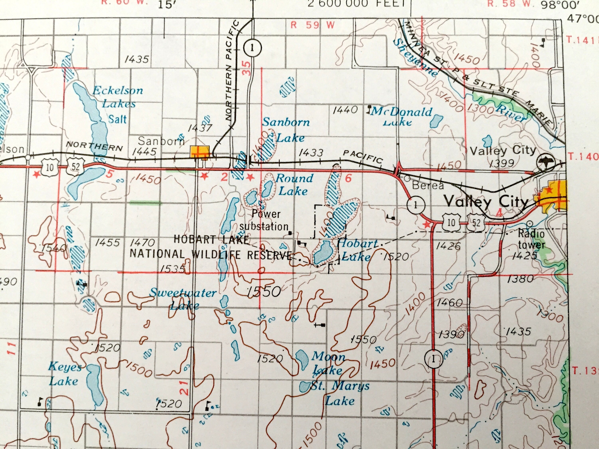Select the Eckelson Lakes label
(x=118, y=97)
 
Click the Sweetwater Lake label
(x=183, y=299)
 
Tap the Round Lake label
(x=294, y=185)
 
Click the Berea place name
(x=428, y=185)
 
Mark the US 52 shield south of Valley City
(x=476, y=223)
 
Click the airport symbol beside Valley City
(x=545, y=162)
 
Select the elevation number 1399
(x=502, y=163)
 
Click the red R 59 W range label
(x=312, y=25)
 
